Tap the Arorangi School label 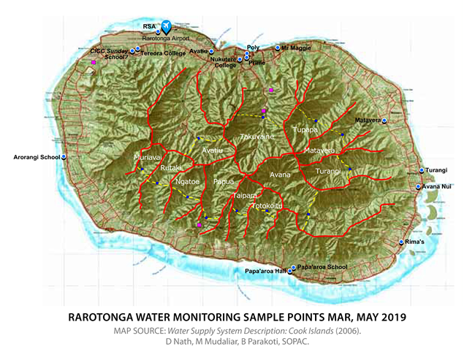coord(36,157)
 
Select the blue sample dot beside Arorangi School coord(64,157)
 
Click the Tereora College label coord(162,53)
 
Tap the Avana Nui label coord(440,186)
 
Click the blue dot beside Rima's coord(402,242)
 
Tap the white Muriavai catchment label coord(148,157)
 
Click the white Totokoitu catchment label coord(266,206)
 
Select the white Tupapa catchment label coord(305,129)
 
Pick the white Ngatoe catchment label coord(188,182)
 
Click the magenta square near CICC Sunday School coord(94,64)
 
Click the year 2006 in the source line coord(342,331)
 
